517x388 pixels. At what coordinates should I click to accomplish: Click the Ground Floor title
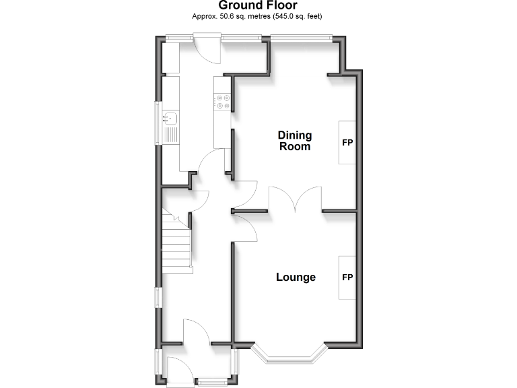pyautogui.click(x=258, y=5)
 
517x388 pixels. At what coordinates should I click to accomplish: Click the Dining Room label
pyautogui.click(x=295, y=141)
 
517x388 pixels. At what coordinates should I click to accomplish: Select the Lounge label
pyautogui.click(x=296, y=277)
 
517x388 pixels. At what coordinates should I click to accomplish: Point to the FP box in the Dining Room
pyautogui.click(x=347, y=143)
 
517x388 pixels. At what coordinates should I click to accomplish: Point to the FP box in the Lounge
pyautogui.click(x=347, y=278)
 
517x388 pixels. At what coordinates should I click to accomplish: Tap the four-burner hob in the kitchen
pyautogui.click(x=222, y=101)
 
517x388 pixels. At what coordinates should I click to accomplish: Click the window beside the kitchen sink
pyautogui.click(x=159, y=123)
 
